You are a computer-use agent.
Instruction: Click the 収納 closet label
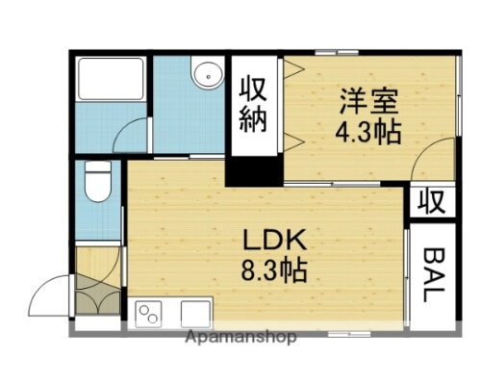point(254,107)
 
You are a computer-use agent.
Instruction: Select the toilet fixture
point(96,182)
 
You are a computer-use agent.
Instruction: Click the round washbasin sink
point(205,75)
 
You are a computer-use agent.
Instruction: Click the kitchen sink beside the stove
point(195,314)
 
